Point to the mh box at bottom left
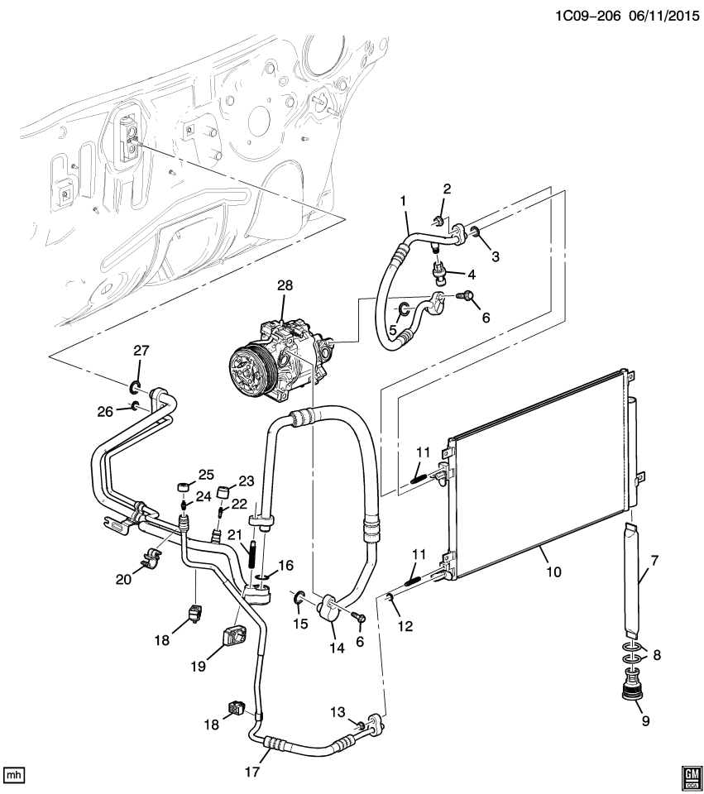[14, 775]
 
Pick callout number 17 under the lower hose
[252, 772]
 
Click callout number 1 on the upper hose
[404, 201]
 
